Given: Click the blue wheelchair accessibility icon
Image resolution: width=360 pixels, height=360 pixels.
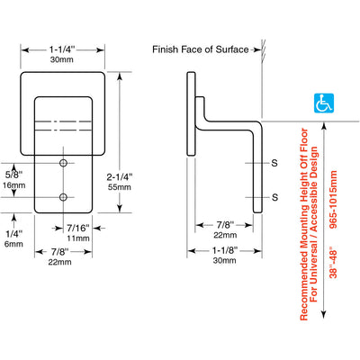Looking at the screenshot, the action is point(324,103).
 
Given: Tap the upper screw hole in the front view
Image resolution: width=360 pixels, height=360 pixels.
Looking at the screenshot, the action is point(63,163).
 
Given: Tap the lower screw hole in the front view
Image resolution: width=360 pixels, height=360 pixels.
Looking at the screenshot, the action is point(63,197).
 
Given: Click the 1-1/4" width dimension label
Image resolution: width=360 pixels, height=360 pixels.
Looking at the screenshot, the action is point(62,49).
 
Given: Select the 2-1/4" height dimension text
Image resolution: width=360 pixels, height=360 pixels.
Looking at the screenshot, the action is point(120,177).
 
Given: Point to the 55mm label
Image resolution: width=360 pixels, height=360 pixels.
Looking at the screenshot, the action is point(120,187).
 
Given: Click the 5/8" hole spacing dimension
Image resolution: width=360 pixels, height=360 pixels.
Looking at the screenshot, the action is point(13,175).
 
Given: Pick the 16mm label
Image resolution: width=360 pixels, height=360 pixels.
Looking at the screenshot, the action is point(13,185).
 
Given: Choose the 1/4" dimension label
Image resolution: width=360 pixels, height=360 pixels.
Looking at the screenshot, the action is point(13,233).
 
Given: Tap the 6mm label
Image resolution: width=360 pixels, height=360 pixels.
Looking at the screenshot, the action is point(13,244).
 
